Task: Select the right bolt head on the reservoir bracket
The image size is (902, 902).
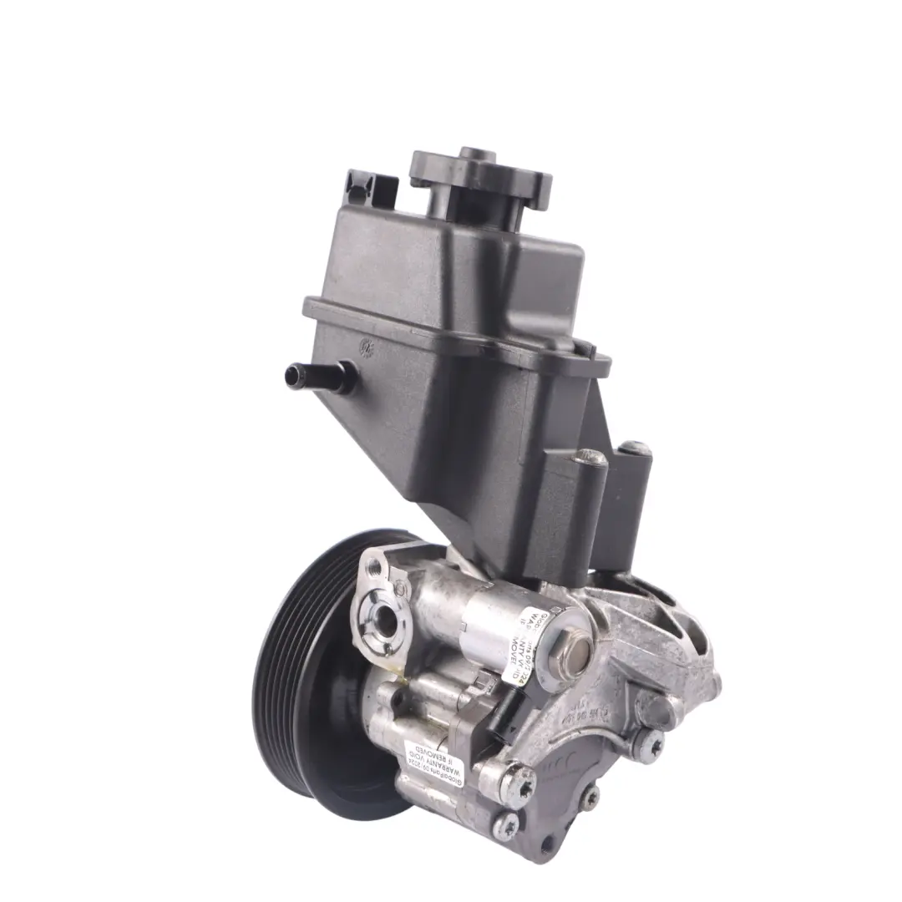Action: pyautogui.click(x=638, y=448)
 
